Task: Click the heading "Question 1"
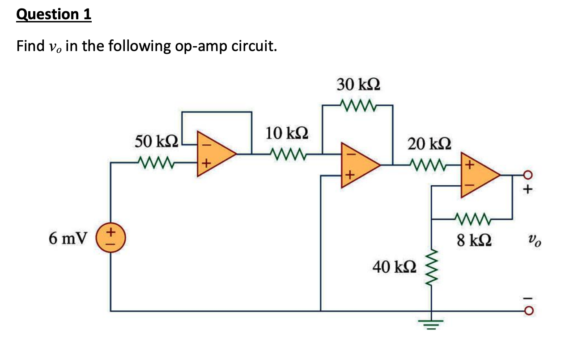pyautogui.click(x=54, y=15)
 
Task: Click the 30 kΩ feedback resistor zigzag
pyautogui.click(x=357, y=106)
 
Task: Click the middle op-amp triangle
pyautogui.click(x=358, y=165)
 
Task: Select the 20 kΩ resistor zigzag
pyautogui.click(x=427, y=165)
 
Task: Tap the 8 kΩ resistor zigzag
pyautogui.click(x=472, y=219)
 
